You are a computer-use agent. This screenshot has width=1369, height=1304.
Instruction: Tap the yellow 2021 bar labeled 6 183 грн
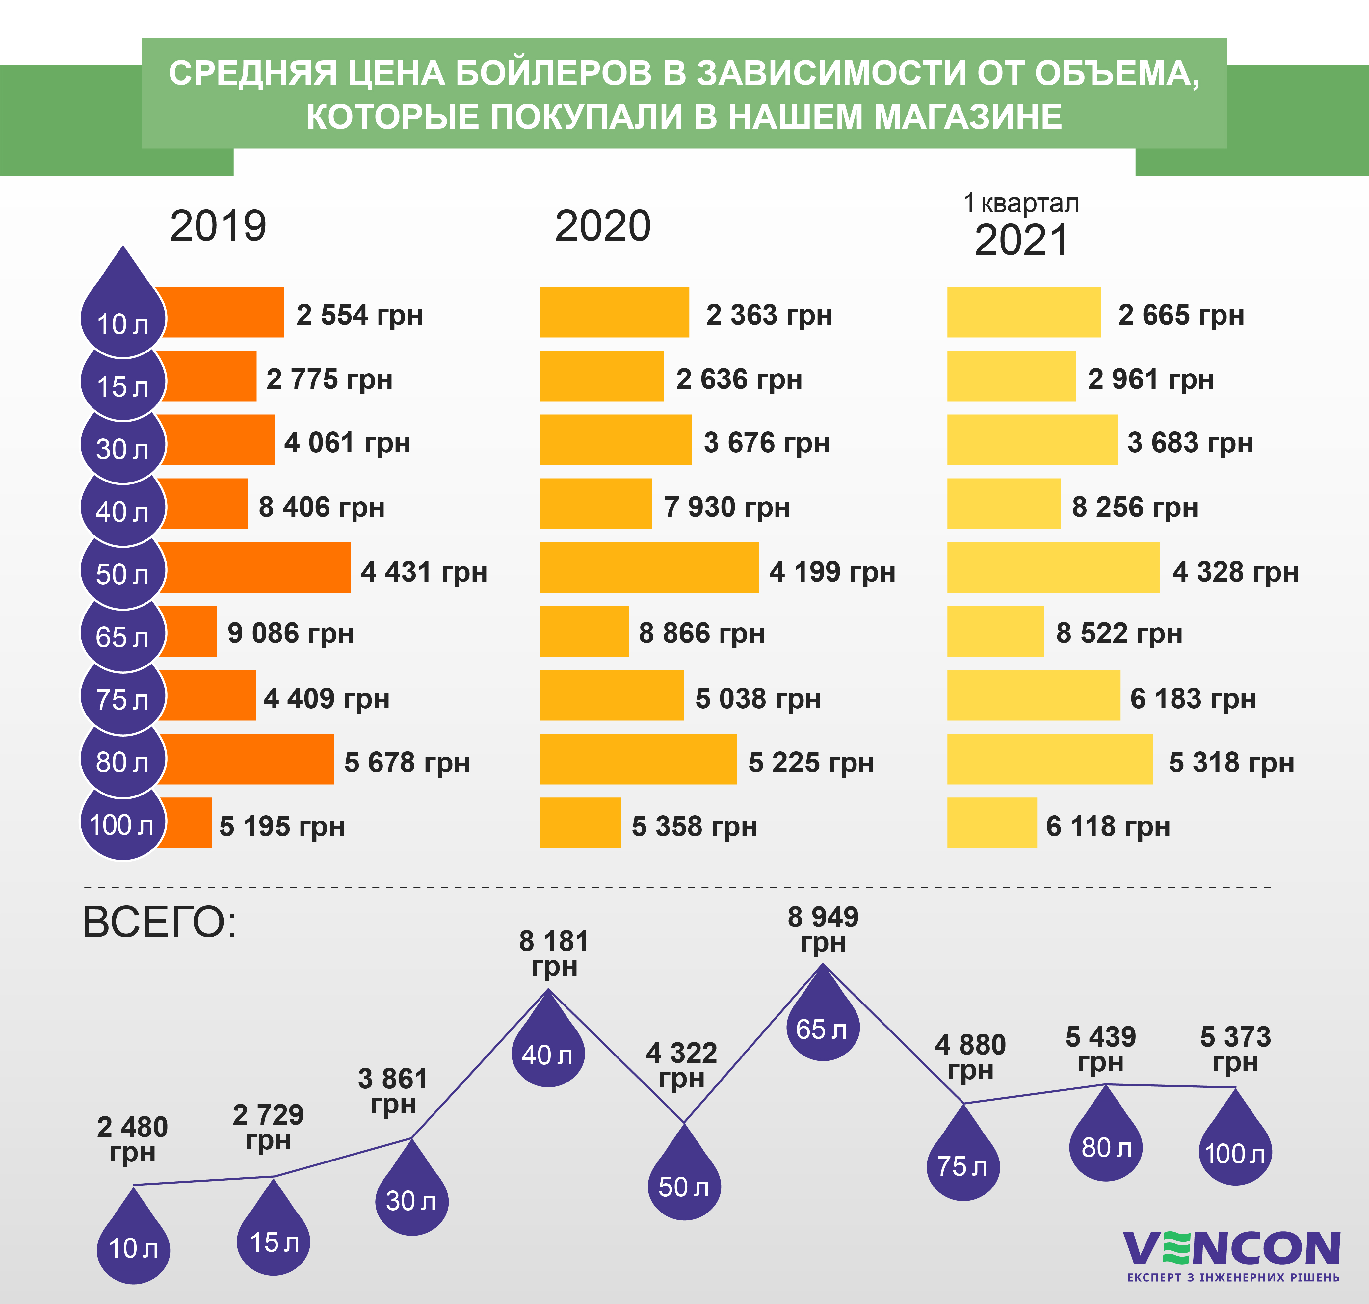[x=1033, y=695]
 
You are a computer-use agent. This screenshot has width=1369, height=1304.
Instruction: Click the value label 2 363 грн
[x=769, y=315]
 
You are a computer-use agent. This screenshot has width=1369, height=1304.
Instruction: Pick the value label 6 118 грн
[x=1108, y=826]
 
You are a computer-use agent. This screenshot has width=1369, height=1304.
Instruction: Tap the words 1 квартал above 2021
[x=1021, y=203]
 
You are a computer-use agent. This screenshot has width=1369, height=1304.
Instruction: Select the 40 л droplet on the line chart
[x=548, y=1050]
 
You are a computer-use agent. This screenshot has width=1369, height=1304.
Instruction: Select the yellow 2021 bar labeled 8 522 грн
[x=995, y=631]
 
